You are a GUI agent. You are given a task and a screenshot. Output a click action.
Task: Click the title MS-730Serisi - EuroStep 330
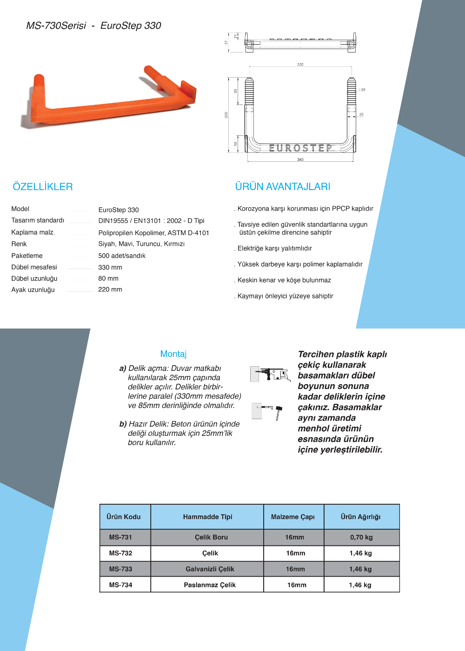click(x=93, y=26)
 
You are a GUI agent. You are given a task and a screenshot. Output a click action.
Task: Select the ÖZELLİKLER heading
click(x=43, y=187)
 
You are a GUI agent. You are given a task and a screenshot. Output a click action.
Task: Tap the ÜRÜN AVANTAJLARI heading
click(x=283, y=187)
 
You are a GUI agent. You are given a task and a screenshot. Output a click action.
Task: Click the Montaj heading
click(x=173, y=354)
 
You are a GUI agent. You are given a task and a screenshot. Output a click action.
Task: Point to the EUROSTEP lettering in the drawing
click(x=301, y=148)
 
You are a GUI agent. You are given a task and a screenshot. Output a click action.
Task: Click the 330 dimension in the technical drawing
click(x=300, y=65)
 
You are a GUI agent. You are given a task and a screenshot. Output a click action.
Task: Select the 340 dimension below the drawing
click(x=300, y=159)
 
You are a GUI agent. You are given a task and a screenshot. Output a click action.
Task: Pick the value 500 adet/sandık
click(x=122, y=256)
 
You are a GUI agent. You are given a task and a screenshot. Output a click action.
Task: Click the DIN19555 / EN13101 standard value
click(x=151, y=221)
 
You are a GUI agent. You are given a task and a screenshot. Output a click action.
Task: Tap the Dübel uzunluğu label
click(x=34, y=278)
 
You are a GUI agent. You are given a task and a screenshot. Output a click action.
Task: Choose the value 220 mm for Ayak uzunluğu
click(x=110, y=289)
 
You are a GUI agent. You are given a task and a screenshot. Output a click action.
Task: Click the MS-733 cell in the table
click(x=120, y=569)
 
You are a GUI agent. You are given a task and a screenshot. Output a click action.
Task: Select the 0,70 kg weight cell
click(x=361, y=537)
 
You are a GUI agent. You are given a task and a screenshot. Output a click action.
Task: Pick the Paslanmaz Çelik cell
click(x=210, y=585)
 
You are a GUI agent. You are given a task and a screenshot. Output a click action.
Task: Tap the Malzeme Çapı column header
click(x=293, y=517)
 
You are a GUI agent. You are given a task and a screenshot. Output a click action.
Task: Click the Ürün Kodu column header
click(x=124, y=517)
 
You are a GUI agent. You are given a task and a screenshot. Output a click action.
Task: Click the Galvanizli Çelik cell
click(x=210, y=569)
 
